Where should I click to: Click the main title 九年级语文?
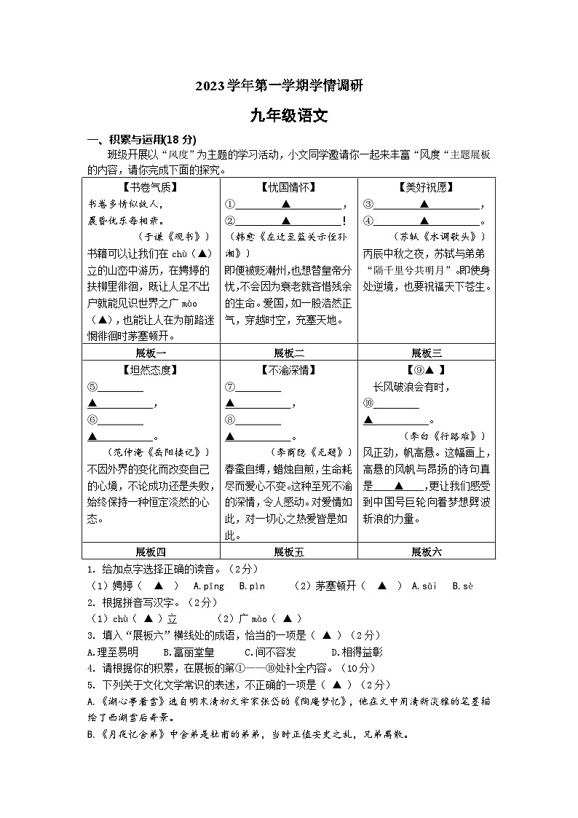coord(289,114)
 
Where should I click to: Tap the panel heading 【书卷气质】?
coord(151,187)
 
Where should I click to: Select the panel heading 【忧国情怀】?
coord(288,187)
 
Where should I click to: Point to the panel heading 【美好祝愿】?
coord(426,187)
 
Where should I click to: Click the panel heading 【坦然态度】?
coord(151,370)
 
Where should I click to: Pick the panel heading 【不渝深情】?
coord(288,370)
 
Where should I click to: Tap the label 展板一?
coord(151,353)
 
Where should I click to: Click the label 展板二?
coord(288,353)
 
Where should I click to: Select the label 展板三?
coord(426,353)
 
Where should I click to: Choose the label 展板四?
coord(151,551)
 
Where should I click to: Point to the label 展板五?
coord(288,551)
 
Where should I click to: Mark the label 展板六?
coord(426,551)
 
